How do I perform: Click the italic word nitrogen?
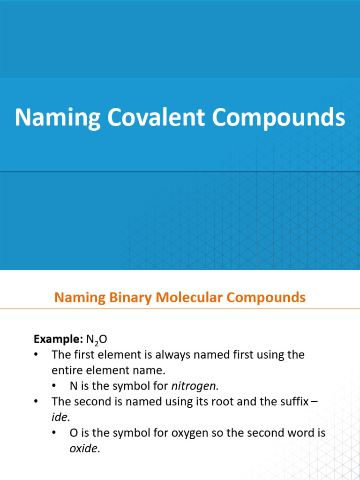click(195, 386)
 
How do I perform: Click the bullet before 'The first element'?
click(37, 355)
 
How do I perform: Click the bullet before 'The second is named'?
click(37, 402)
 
